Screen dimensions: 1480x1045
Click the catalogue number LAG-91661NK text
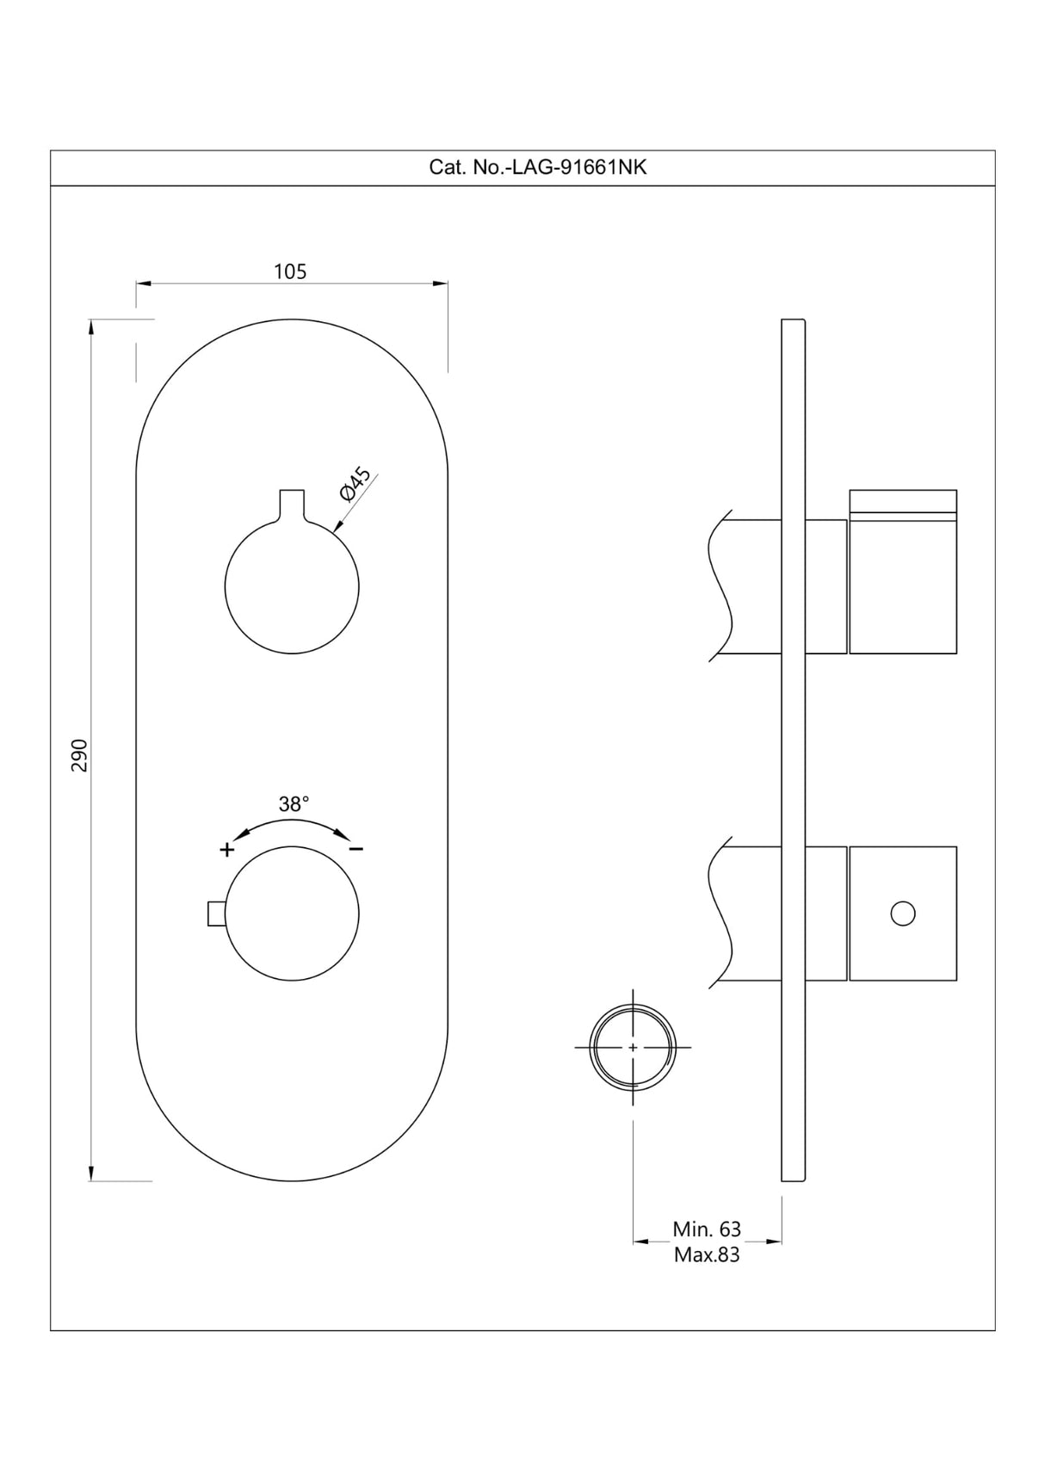(x=537, y=167)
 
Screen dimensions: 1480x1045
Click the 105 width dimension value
(x=290, y=271)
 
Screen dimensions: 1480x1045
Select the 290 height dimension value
(x=79, y=755)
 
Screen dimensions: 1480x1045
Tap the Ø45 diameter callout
(x=356, y=484)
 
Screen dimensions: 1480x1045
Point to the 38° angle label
(x=293, y=804)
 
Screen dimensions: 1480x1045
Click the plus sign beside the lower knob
(x=226, y=850)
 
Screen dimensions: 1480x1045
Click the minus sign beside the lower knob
(x=356, y=850)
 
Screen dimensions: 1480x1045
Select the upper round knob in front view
(x=292, y=587)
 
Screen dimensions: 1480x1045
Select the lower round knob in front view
(x=292, y=913)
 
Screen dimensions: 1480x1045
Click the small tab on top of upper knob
(x=292, y=503)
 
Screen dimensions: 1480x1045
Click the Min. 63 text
(x=707, y=1229)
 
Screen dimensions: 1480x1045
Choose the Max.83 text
(x=707, y=1254)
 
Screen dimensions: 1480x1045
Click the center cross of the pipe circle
(x=633, y=1047)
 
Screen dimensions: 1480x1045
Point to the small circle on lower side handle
(x=903, y=913)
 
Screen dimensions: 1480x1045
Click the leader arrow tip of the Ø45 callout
(x=337, y=529)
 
